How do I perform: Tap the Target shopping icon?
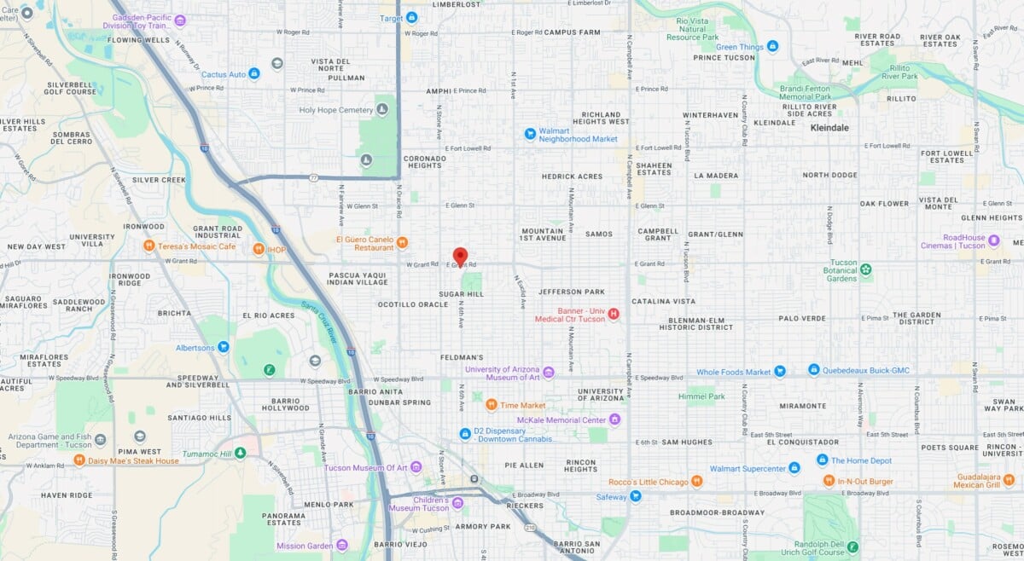pyautogui.click(x=412, y=17)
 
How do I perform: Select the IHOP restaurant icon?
pyautogui.click(x=259, y=248)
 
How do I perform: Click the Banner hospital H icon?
pyautogui.click(x=613, y=315)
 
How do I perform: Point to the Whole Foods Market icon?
pyautogui.click(x=779, y=371)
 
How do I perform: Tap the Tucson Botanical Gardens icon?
pyautogui.click(x=866, y=270)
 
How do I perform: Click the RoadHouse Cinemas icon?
pyautogui.click(x=994, y=241)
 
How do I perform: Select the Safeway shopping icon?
pyautogui.click(x=635, y=496)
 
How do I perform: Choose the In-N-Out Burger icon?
pyautogui.click(x=829, y=481)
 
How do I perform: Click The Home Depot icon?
pyautogui.click(x=822, y=460)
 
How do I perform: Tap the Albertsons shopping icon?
pyautogui.click(x=224, y=346)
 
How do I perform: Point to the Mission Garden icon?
pyautogui.click(x=341, y=545)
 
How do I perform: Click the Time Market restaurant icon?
pyautogui.click(x=492, y=404)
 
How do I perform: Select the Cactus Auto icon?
pyautogui.click(x=253, y=74)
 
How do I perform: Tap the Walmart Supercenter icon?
pyautogui.click(x=794, y=468)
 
